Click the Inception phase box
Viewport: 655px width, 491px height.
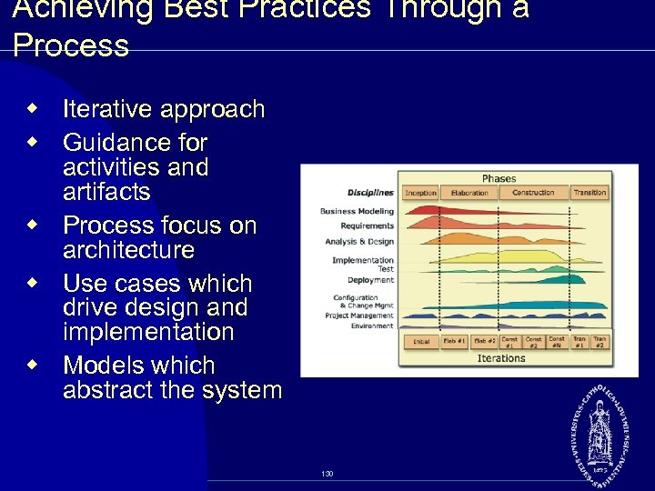421,193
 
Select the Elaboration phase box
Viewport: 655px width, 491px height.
469,193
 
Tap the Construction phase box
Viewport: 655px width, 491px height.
532,193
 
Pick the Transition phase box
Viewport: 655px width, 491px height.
589,193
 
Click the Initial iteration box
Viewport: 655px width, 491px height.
421,342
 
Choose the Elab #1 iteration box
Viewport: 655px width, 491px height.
454,342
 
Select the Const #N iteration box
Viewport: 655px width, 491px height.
557,342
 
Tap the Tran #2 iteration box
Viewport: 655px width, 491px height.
600,342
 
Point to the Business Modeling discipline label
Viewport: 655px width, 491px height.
357,211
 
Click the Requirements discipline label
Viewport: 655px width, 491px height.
367,225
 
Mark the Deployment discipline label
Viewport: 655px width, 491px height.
370,280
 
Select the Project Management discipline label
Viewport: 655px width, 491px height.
359,316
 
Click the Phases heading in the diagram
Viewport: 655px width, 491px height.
499,178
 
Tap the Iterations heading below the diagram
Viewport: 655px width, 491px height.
501,358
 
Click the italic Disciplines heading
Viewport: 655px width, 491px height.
370,193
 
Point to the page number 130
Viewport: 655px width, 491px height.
327,474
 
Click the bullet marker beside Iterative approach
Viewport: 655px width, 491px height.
33,109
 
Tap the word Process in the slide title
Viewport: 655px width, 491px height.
71,45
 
